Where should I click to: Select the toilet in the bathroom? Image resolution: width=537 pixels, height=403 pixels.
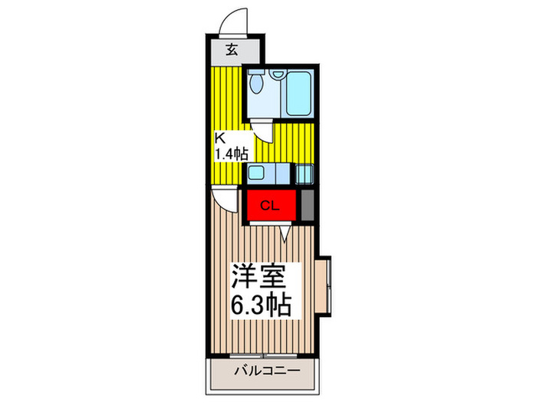(x=258, y=84)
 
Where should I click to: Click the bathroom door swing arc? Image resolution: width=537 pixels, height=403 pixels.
(x=262, y=129)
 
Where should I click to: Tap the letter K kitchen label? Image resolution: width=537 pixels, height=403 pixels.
(x=219, y=139)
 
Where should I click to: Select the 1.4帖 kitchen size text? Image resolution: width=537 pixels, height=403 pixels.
(x=231, y=153)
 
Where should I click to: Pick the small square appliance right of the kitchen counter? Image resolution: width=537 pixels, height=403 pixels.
(x=305, y=173)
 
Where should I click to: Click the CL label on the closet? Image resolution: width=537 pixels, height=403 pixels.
(x=268, y=205)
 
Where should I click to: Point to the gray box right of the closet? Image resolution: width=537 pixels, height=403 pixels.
(x=307, y=204)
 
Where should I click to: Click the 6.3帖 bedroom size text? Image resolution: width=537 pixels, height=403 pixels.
(x=260, y=306)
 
